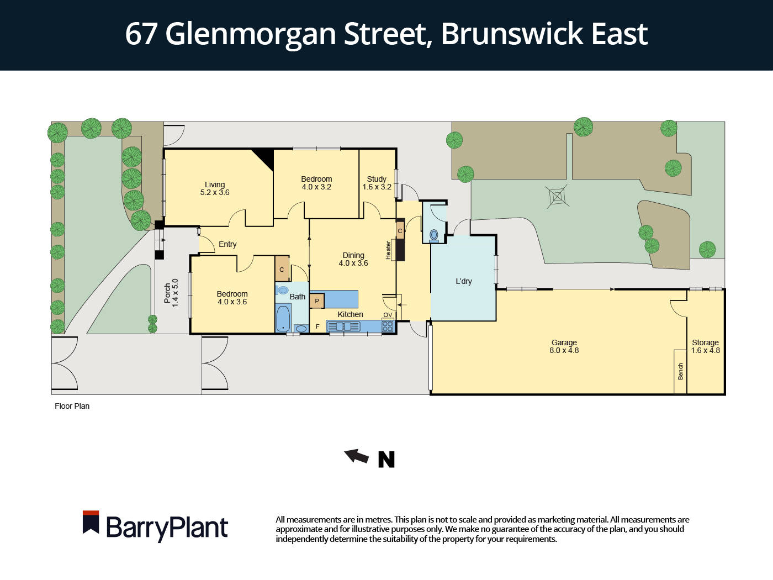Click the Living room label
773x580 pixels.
215,188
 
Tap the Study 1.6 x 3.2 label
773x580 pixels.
377,183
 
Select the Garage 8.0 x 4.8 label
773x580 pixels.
564,346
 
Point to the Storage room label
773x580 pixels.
705,346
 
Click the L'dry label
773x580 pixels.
464,281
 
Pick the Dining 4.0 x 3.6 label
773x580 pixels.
353,259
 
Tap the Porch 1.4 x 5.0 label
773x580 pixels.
171,293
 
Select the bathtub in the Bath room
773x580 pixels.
283,318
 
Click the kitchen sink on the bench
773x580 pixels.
343,326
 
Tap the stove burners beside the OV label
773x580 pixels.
388,326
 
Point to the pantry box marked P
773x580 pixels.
317,301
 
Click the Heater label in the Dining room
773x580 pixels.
388,250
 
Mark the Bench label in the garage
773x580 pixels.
680,371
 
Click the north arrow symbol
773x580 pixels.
357,456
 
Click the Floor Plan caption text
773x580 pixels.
72,406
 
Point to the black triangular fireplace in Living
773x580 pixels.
264,157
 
